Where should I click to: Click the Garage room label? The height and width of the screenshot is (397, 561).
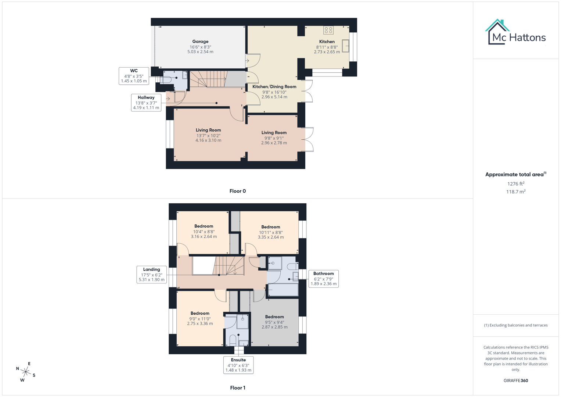tap(200, 46)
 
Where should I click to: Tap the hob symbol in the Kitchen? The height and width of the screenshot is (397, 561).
tap(328, 30)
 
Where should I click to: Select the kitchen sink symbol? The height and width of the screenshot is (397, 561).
tap(345, 46)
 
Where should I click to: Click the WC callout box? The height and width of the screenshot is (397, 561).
tap(134, 76)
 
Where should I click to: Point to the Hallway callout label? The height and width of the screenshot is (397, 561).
tap(146, 103)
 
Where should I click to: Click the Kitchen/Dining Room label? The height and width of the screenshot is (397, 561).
tap(274, 92)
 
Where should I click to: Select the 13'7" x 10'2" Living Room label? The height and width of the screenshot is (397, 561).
tap(208, 135)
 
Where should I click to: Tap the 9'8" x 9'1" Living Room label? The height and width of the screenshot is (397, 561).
tap(274, 137)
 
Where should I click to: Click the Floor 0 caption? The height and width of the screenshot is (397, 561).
tap(238, 191)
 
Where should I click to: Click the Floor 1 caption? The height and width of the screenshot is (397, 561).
tap(238, 388)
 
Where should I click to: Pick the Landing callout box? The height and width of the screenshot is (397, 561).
tap(151, 275)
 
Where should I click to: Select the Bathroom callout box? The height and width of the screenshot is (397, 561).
tap(323, 279)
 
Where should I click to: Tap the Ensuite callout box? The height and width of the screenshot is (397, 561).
tap(238, 365)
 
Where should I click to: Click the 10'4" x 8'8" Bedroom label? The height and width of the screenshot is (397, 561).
tap(204, 231)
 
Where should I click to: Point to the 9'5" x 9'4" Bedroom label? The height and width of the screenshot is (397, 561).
tap(274, 322)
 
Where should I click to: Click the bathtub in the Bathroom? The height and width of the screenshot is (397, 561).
tap(283, 290)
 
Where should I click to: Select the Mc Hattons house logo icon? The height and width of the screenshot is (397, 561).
tap(497, 32)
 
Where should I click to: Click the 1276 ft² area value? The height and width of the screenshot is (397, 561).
tap(516, 184)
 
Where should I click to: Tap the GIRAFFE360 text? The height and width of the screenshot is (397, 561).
tap(516, 381)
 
